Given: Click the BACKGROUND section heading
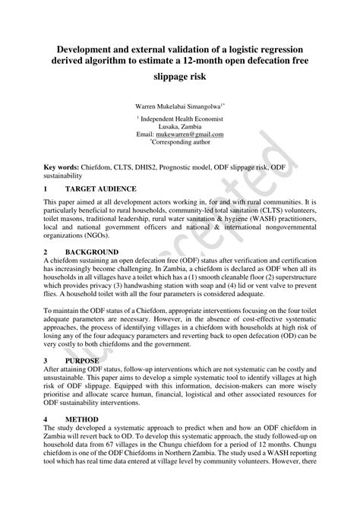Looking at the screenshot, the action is pos(91,251).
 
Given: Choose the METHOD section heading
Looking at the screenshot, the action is pos(81,419).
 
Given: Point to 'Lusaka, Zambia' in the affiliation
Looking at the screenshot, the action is pos(179,125).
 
